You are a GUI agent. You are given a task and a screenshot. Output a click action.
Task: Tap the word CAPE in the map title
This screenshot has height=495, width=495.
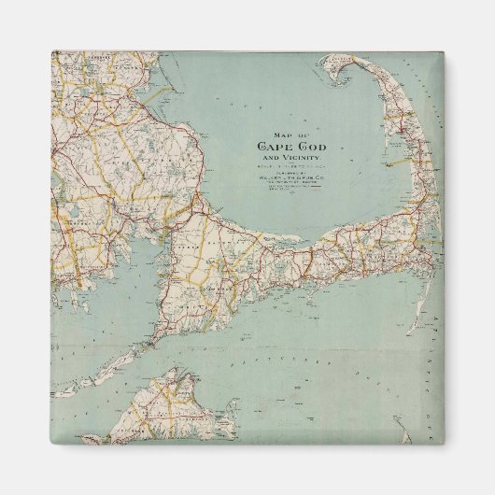tap(276, 145)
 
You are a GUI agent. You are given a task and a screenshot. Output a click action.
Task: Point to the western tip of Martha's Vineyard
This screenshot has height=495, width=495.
tap(113, 435)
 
